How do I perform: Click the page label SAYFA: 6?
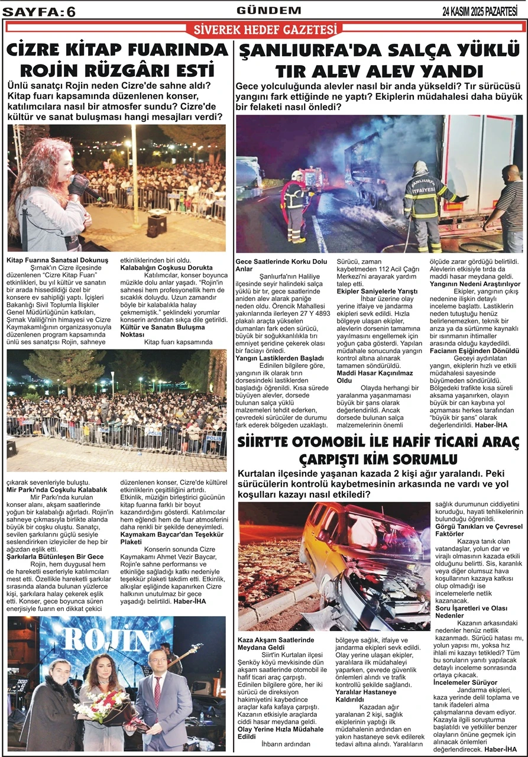point(40,11)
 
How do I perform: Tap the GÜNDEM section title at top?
point(268,10)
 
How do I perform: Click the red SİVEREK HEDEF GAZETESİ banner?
point(264,30)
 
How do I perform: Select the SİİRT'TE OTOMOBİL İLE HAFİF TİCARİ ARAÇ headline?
point(378,450)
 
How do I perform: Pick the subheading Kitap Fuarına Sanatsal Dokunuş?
point(57,260)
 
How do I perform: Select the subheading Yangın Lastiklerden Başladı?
point(280,358)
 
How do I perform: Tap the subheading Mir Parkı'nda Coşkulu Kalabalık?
point(57,490)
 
